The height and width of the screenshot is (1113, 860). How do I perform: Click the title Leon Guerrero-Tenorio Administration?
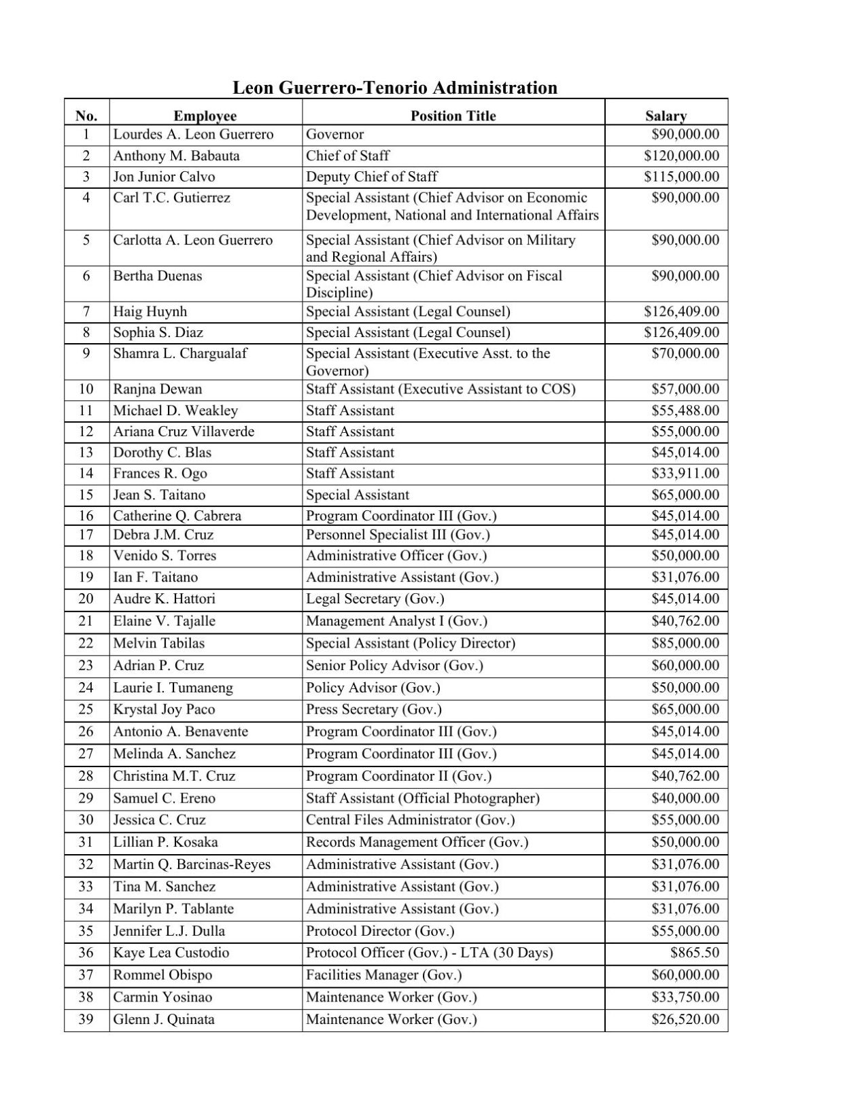click(x=394, y=88)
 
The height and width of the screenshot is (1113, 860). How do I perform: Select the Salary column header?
click(x=666, y=116)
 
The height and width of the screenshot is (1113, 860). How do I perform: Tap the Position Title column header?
click(x=453, y=116)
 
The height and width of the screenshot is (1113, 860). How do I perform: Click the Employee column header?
click(x=205, y=116)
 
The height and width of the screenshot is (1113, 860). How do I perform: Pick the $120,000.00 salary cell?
click(x=681, y=156)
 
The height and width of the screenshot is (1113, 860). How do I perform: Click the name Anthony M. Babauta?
click(x=176, y=156)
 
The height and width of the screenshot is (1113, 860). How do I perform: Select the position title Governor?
click(x=334, y=135)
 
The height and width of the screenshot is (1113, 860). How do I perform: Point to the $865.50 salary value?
click(x=694, y=953)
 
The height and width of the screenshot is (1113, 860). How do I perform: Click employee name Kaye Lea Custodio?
click(x=171, y=953)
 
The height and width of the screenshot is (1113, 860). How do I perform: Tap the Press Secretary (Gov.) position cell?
click(x=373, y=709)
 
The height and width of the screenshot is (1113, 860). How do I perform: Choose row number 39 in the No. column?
click(x=86, y=1019)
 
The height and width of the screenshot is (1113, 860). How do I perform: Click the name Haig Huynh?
click(x=150, y=312)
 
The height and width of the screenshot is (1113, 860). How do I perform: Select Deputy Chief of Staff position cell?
click(x=371, y=177)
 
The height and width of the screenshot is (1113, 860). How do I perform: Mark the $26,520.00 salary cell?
click(x=685, y=1019)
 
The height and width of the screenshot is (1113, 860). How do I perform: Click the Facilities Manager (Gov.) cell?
click(x=383, y=975)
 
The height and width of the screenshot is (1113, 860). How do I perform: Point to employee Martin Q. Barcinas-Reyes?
click(x=192, y=864)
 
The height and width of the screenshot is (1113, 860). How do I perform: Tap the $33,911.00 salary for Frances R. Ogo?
click(x=685, y=474)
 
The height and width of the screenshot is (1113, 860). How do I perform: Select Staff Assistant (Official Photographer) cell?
click(x=422, y=798)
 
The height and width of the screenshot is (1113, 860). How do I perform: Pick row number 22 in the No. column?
click(x=86, y=643)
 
